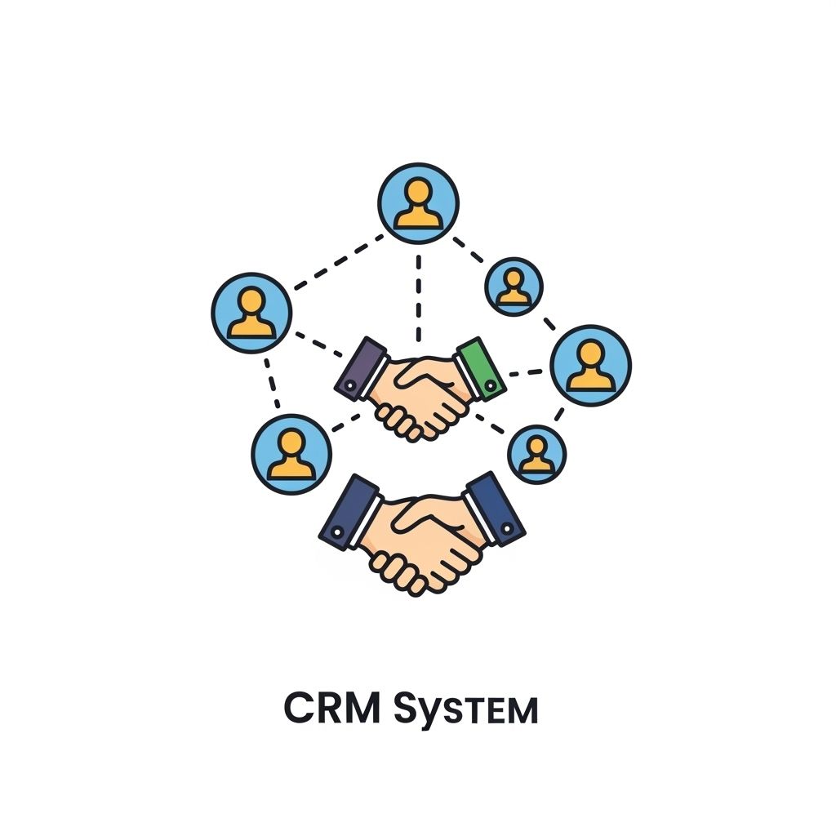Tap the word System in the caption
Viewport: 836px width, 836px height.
coord(465,710)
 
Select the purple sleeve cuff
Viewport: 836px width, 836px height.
coord(360,369)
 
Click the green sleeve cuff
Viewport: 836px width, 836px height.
coord(482,369)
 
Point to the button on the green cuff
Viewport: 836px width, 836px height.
coord(491,383)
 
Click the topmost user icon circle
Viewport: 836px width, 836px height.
coord(418,202)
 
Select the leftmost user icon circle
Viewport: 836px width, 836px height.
coord(251,313)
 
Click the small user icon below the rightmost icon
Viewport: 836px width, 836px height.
coord(536,453)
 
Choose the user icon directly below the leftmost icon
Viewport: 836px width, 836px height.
coord(291,454)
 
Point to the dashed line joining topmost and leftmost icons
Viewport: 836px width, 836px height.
coord(338,261)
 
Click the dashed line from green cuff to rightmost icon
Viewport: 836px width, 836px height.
coord(527,374)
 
